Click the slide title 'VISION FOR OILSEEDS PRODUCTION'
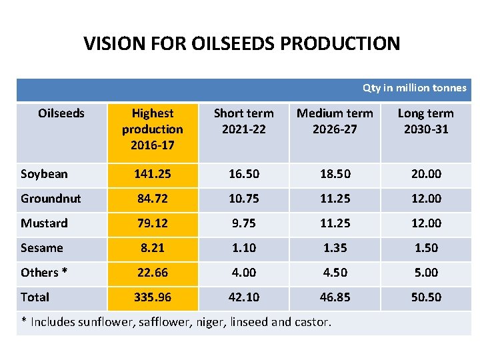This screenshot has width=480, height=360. (241, 44)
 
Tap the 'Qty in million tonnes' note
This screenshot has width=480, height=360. (414, 88)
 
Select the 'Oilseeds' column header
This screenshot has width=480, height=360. (61, 113)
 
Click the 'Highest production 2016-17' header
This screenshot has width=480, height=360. (153, 129)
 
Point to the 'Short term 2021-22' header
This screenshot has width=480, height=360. (243, 121)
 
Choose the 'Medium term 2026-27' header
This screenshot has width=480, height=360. (335, 121)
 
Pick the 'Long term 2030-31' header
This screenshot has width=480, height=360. (425, 121)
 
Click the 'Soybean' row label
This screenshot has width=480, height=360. (44, 174)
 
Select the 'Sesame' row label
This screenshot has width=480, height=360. (41, 248)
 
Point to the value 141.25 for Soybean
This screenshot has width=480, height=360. (153, 174)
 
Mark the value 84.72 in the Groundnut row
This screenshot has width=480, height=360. (153, 199)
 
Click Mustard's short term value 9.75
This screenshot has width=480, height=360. (243, 223)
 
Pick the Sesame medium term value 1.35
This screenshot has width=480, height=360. (335, 248)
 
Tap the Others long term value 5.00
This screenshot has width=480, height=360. (426, 273)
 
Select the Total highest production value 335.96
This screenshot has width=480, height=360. (153, 297)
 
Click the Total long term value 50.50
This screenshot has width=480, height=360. (426, 297)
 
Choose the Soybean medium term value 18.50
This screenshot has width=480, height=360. (335, 174)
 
